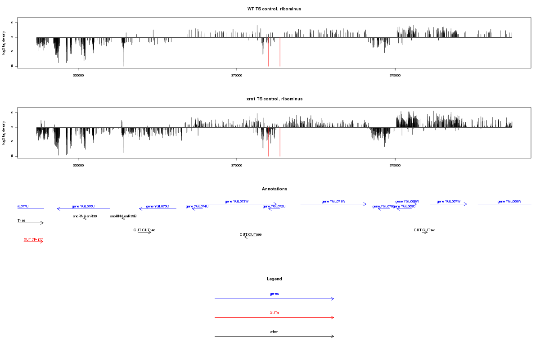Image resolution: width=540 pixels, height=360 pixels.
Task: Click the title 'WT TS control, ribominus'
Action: (274, 9)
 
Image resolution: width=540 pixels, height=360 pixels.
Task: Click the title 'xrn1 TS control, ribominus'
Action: (274, 99)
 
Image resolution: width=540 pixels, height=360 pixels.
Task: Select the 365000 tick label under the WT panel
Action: (78, 75)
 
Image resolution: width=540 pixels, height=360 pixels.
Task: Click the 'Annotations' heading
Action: (274, 189)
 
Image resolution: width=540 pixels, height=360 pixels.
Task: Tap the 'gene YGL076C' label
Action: (83, 206)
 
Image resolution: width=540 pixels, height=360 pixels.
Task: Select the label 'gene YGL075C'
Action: (157, 206)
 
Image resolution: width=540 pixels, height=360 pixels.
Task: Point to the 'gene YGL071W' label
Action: (333, 201)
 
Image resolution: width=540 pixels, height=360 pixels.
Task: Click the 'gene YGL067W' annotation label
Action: (449, 201)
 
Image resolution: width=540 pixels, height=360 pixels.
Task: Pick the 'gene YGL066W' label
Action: (509, 201)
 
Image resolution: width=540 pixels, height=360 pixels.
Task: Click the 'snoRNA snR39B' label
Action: (123, 216)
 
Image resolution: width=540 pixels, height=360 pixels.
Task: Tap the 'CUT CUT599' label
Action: (251, 234)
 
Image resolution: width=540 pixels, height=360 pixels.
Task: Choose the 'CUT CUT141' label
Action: (424, 230)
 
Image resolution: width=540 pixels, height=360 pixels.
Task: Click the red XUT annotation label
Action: (33, 239)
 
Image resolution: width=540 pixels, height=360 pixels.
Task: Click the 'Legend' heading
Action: (274, 279)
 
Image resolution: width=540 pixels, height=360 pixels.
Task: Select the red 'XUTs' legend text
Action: (274, 313)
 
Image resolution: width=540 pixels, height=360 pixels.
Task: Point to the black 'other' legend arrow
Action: (274, 336)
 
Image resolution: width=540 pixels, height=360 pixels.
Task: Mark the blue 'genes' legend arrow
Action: (274, 298)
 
